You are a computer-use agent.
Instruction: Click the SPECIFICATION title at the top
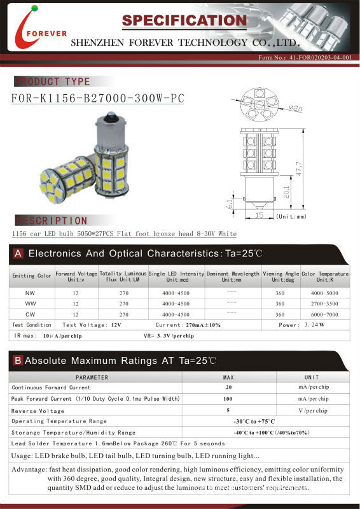tap(184, 21)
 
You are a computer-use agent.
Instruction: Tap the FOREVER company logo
tap(30, 31)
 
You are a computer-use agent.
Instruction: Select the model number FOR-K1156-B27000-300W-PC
tap(98, 99)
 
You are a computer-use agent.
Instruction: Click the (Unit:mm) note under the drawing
tap(292, 217)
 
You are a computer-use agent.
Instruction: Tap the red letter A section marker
tap(18, 254)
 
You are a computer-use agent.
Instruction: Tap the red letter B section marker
tap(18, 361)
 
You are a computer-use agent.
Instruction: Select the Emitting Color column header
tap(31, 276)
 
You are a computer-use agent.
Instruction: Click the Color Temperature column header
tap(324, 277)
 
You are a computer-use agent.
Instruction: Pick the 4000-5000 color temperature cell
tap(324, 293)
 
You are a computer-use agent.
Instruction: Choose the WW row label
tap(30, 304)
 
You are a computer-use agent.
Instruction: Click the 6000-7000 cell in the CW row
tap(324, 314)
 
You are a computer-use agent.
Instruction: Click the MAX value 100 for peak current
tap(228, 398)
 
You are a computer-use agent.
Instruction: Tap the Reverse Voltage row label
tap(38, 410)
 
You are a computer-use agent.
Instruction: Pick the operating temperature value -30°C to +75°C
tap(254, 421)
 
